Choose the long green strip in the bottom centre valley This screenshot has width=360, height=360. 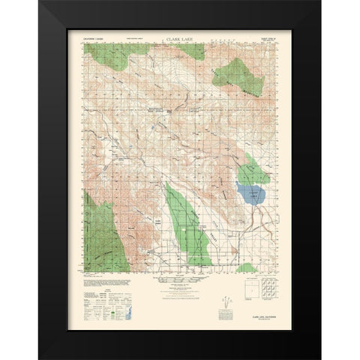coord(187,229)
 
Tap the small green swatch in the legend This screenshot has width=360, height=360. coord(114,306)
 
